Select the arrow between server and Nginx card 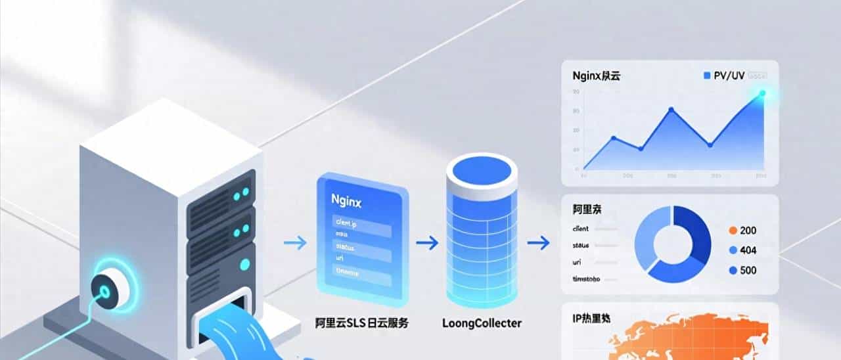point(296,244)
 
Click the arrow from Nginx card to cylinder point(427,244)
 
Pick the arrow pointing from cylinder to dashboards point(539,244)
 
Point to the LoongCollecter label point(482,323)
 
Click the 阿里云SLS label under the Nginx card point(361,323)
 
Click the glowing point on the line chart point(762,93)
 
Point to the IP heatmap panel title point(591,319)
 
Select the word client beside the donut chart point(581,229)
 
